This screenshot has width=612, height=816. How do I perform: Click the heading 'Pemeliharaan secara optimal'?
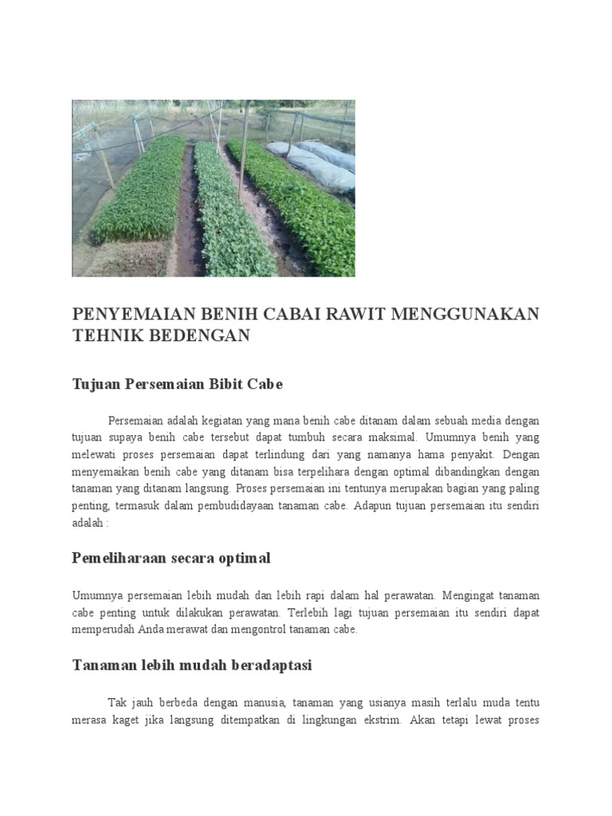[171, 558]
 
